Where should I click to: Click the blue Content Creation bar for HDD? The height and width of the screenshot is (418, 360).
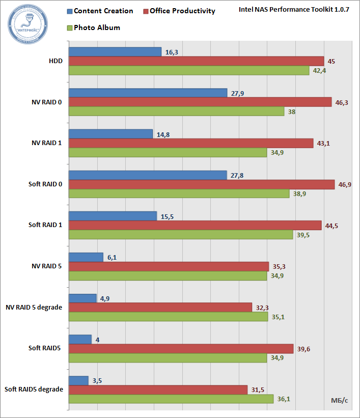[115, 51]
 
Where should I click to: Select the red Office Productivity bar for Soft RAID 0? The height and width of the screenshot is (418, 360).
[201, 184]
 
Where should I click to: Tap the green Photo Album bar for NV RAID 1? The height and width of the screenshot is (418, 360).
[168, 153]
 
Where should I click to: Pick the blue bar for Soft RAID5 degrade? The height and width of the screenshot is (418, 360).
[78, 380]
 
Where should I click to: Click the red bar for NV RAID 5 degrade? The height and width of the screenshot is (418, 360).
[160, 307]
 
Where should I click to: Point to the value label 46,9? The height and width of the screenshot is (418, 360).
[345, 184]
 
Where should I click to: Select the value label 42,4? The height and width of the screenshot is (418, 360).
[319, 71]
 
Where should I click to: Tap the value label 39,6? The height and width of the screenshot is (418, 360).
[304, 349]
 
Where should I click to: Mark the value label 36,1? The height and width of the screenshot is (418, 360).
[284, 399]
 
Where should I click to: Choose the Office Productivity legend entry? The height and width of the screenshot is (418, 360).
[179, 11]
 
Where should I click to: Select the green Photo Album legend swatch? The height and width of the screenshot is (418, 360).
[70, 28]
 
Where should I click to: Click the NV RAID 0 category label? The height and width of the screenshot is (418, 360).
[46, 102]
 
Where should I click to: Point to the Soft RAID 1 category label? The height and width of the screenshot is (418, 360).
[45, 225]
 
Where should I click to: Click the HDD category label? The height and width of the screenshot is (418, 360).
[56, 61]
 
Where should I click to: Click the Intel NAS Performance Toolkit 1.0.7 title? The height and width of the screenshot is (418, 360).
[294, 10]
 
